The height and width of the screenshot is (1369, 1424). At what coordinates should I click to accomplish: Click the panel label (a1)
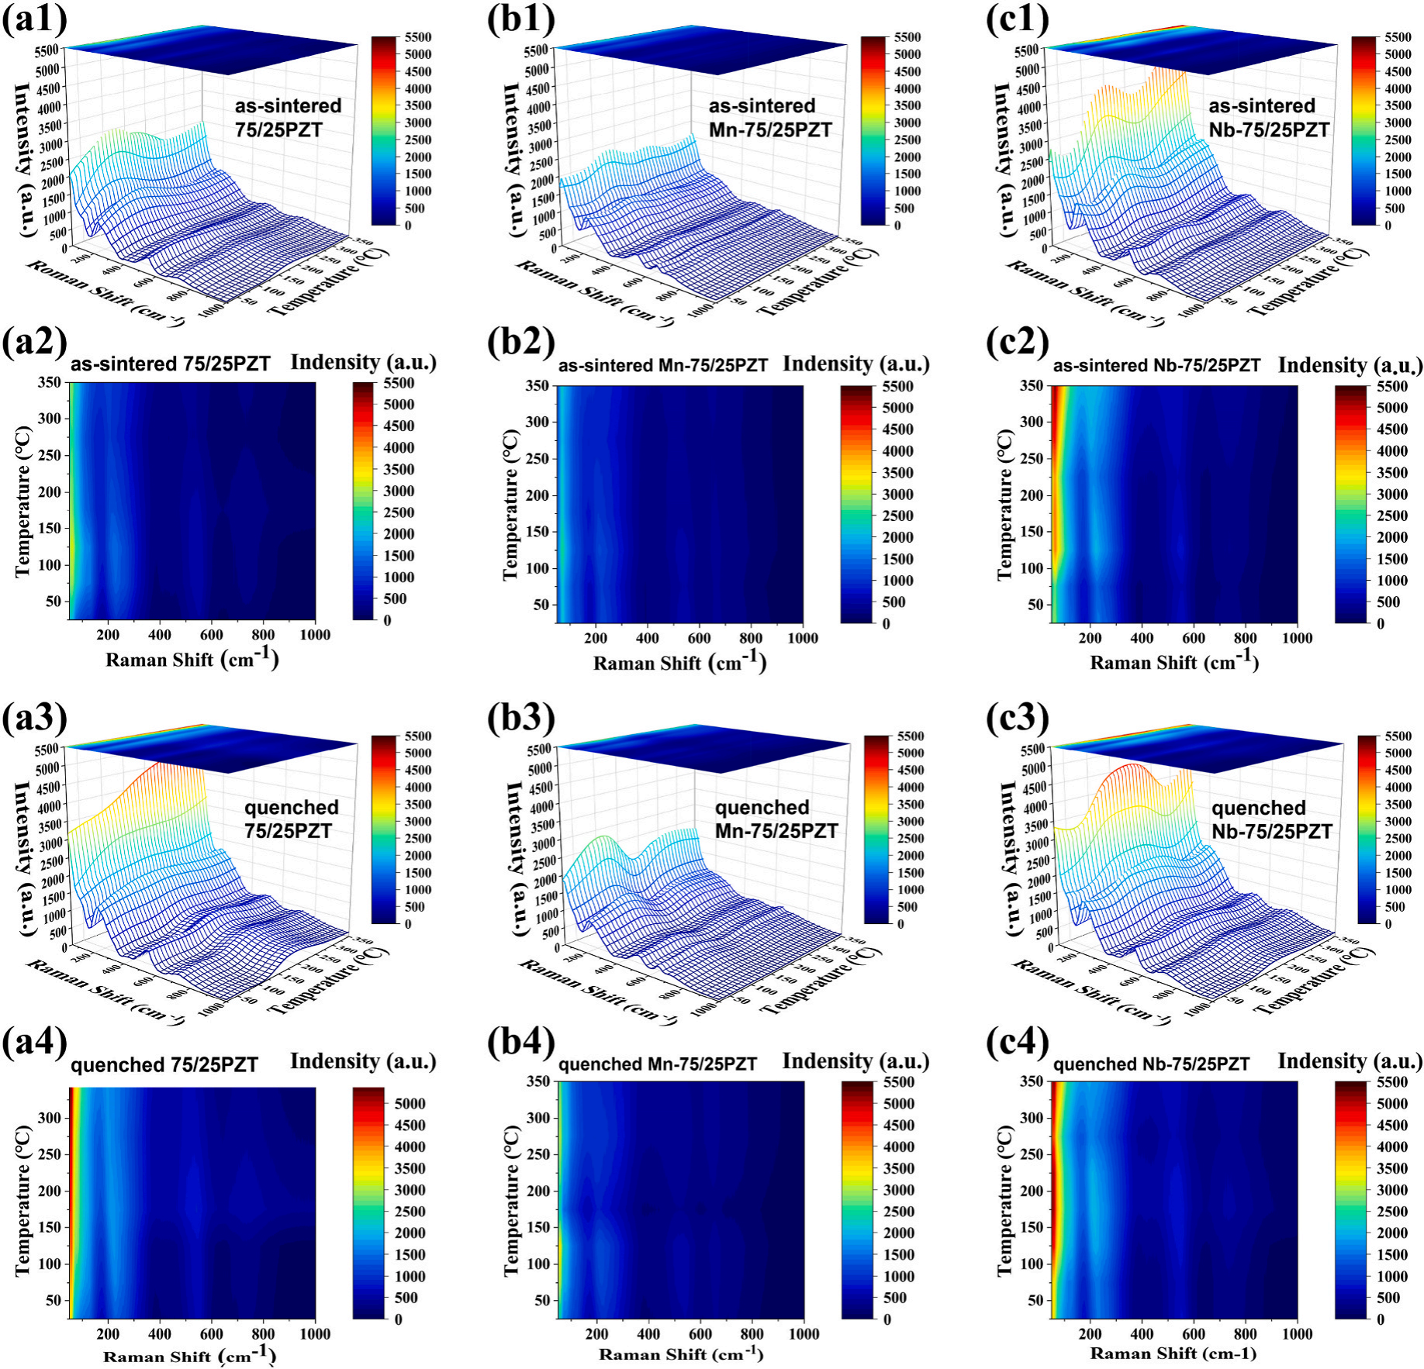[35, 19]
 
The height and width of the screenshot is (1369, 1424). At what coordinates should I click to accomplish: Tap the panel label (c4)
[1017, 1041]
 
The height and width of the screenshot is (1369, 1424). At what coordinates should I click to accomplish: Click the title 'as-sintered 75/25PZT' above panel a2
[171, 364]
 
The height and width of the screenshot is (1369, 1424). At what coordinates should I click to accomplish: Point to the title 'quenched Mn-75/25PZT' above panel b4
[658, 1064]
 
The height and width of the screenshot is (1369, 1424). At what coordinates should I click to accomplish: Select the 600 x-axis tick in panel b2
[700, 638]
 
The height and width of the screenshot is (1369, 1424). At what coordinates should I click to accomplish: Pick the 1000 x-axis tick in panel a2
[315, 635]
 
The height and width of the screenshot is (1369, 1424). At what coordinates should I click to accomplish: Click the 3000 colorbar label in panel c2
[1392, 494]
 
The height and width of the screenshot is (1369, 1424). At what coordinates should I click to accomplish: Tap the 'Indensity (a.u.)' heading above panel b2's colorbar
[855, 364]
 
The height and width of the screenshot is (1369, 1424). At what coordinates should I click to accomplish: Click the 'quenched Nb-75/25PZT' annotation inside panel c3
[1271, 819]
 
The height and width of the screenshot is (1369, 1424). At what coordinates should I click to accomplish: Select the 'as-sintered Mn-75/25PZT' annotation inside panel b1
[769, 118]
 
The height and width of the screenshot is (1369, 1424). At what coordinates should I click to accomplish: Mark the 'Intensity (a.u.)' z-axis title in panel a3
[24, 858]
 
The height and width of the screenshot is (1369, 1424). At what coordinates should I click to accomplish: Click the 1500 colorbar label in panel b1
[907, 174]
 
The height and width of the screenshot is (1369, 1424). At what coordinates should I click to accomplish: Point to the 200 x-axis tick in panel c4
[1090, 1334]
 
